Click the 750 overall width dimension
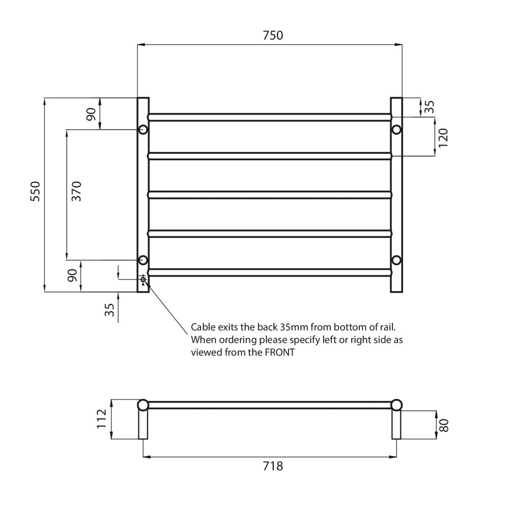point(272,35)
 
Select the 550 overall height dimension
point(35,191)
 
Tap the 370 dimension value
point(76,191)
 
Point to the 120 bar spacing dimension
point(443,136)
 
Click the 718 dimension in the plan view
point(273,466)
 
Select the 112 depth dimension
point(101,418)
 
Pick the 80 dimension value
point(443,425)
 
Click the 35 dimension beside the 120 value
point(430,107)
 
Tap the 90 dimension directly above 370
point(91,115)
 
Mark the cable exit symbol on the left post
point(143,279)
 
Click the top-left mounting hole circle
point(143,129)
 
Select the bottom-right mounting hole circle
point(397,260)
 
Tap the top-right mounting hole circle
point(397,129)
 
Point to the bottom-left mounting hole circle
point(143,260)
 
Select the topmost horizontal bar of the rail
point(270,117)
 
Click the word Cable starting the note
point(202,327)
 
